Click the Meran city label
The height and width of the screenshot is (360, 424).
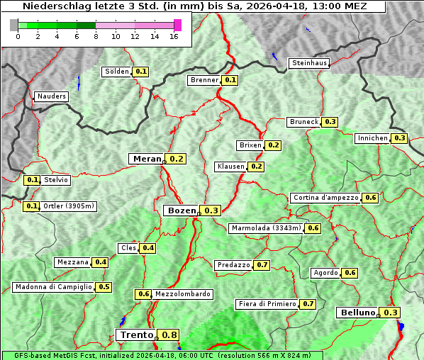pos(147,159)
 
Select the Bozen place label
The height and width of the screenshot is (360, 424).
pos(180,210)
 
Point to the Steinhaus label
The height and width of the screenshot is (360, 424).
pos(310,63)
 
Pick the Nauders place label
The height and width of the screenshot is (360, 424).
pos(51,96)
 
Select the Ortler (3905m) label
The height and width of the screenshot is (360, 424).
pos(69,206)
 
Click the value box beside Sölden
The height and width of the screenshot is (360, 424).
pos(141,72)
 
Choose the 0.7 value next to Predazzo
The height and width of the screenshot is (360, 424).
pos(262,265)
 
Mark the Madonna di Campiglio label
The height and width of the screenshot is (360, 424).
pos(52,287)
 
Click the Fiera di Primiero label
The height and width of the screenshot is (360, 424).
pos(267,304)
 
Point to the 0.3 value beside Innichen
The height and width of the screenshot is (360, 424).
pos(400,138)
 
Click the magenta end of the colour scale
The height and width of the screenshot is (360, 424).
pos(177,25)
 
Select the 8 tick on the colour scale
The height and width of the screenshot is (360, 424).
pos(96,36)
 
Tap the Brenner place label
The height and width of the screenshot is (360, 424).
pos(205,80)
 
